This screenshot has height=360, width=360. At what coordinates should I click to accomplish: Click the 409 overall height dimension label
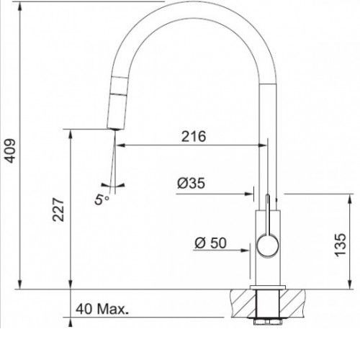click(10, 150)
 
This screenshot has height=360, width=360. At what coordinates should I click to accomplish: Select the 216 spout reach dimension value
click(194, 137)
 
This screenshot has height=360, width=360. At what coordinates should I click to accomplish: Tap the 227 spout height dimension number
click(58, 210)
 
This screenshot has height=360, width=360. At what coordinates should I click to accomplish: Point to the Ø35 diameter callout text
click(191, 184)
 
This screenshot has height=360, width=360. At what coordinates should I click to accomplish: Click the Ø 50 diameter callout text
click(210, 243)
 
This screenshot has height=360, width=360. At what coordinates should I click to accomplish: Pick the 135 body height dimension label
click(341, 245)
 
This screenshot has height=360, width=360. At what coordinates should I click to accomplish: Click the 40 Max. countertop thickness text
click(102, 309)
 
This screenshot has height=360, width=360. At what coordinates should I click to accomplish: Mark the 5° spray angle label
click(102, 199)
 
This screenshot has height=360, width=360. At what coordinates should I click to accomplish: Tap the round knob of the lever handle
click(268, 246)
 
